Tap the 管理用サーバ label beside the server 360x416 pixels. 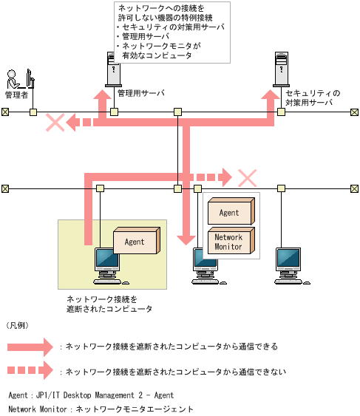click(140, 94)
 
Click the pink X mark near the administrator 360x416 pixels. click(55, 123)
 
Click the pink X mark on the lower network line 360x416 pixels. click(246, 177)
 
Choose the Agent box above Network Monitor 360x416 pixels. click(230, 213)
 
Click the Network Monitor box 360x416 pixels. click(230, 242)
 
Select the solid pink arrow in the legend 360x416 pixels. click(30, 346)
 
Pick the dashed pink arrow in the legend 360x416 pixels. click(30, 372)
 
